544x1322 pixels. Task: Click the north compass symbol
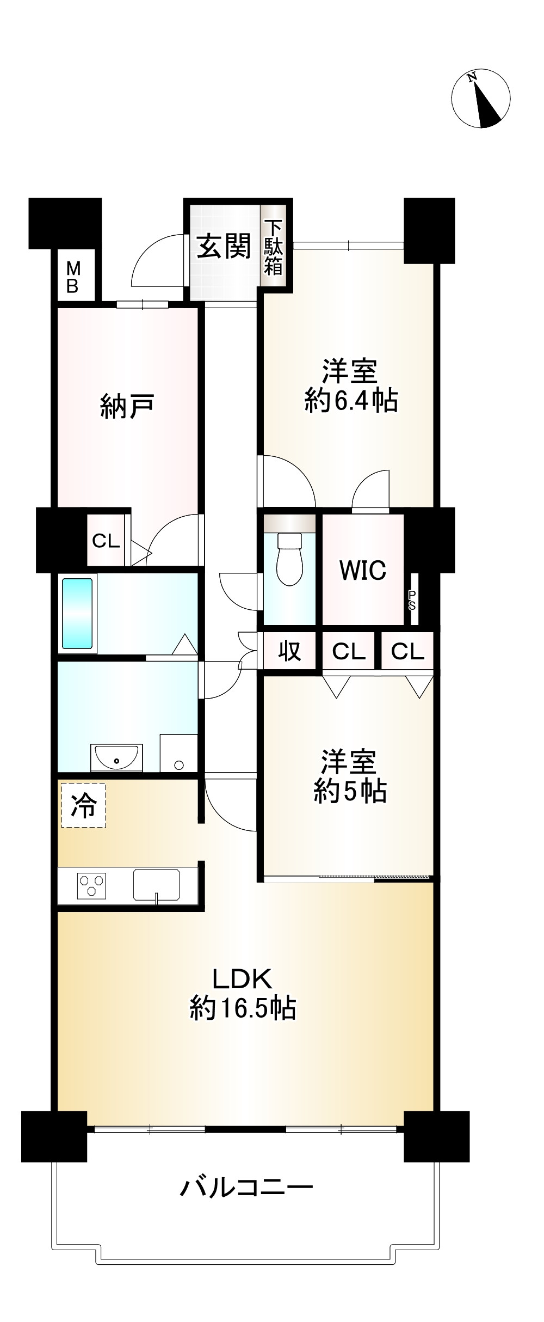tap(481, 99)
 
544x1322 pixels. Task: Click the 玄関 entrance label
tap(224, 246)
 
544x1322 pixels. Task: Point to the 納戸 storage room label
tap(127, 406)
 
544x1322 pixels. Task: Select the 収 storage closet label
tap(289, 651)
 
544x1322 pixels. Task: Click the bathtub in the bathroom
tap(77, 614)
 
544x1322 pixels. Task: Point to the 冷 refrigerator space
tap(84, 805)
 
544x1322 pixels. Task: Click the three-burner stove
tap(91, 884)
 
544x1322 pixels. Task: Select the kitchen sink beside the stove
tap(156, 884)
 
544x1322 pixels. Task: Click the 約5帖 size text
tap(350, 792)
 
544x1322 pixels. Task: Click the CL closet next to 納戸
tap(106, 541)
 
